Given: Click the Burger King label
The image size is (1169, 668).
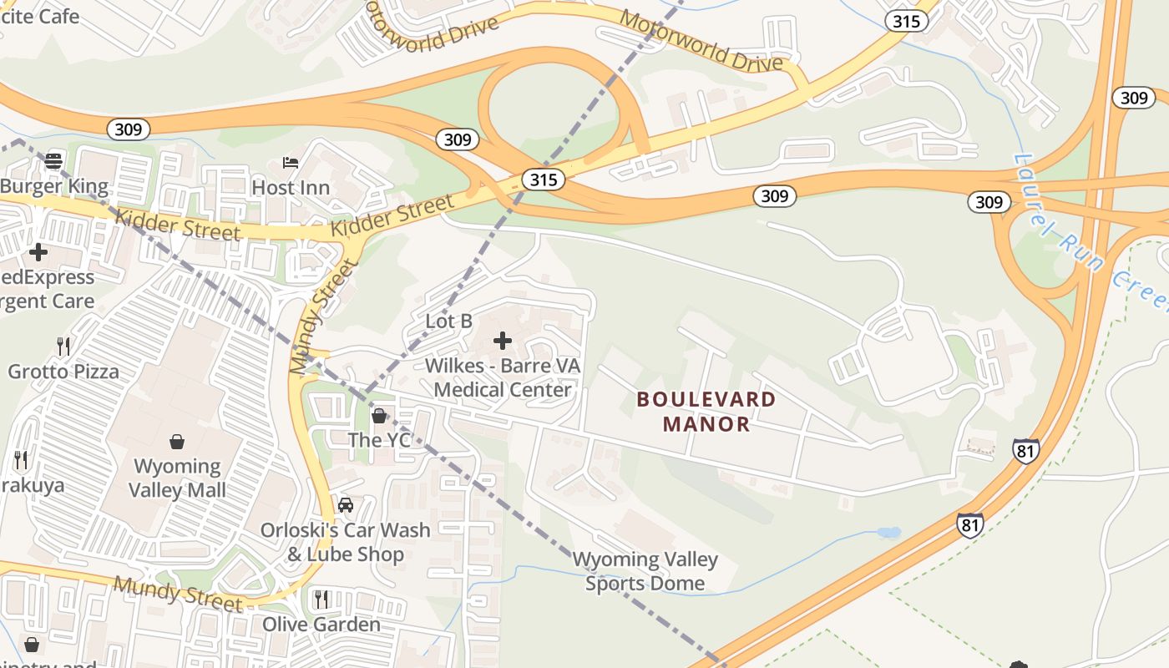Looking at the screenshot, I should tap(54, 186).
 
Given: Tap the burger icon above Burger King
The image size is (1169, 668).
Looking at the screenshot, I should tap(54, 160).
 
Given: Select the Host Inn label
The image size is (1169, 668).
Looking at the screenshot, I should tap(291, 187).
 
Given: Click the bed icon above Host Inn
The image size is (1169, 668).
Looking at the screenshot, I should tap(291, 162).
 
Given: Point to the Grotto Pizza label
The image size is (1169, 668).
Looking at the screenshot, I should tap(63, 371).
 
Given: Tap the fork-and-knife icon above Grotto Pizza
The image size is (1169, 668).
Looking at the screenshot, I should tap(63, 346).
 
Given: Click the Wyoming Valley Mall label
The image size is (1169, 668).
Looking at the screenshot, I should tap(177, 478).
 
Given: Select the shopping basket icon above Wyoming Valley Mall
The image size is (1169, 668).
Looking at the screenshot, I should tap(177, 441).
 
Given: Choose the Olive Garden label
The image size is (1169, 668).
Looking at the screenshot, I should tap(321, 624).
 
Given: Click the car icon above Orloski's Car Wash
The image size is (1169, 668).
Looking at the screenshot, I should tap(346, 505).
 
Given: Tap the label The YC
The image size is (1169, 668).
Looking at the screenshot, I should tap(379, 439).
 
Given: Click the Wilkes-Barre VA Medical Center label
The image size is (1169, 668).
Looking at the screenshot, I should tap(503, 377).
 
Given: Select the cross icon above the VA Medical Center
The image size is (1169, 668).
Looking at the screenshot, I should tap(503, 340).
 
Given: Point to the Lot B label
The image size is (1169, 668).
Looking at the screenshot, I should tap(449, 321).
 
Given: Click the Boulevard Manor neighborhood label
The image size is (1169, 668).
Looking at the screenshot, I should tap(706, 411).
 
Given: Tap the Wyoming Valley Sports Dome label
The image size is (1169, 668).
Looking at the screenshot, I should tap(645, 571).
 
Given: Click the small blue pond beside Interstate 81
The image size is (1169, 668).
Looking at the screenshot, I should tap(888, 532).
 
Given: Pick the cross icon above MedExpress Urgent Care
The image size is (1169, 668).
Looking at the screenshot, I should tap(38, 251).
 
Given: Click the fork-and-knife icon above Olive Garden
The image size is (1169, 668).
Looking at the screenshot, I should tap(321, 599).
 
